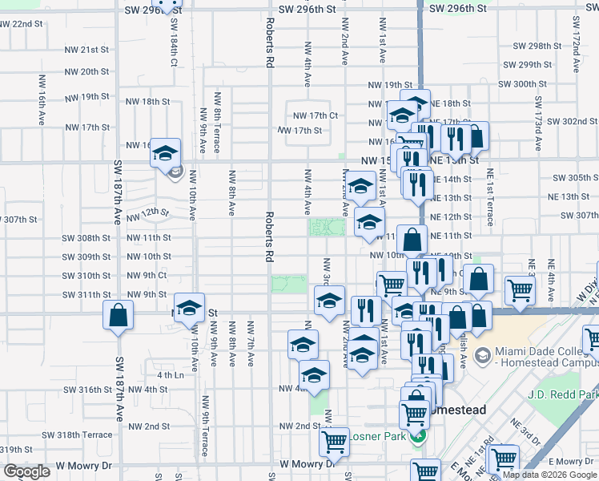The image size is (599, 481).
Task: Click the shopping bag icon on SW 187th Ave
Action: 118,316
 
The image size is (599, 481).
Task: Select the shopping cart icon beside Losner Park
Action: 333,441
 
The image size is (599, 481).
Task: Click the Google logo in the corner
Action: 26,471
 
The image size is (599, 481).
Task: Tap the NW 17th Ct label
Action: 315,115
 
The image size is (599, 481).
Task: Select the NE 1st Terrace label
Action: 490,199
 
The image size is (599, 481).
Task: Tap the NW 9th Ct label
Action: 147,276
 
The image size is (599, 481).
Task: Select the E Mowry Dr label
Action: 569,461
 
